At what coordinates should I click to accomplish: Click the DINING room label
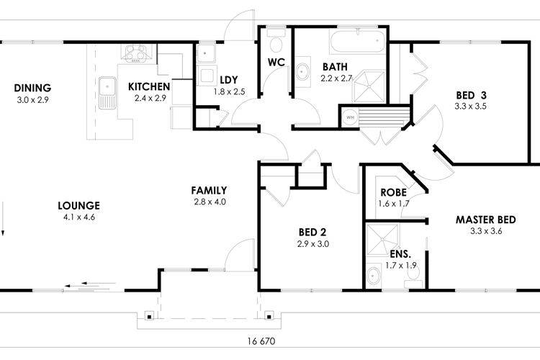click(32, 89)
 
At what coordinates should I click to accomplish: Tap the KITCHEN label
click(148, 87)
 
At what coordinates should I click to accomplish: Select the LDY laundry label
click(229, 79)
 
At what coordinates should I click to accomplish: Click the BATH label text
click(336, 67)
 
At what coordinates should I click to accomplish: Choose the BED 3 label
click(472, 95)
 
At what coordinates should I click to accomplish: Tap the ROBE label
click(393, 193)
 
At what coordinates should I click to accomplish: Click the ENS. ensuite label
click(400, 254)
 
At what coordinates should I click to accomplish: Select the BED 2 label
click(313, 232)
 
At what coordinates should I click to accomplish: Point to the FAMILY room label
click(210, 191)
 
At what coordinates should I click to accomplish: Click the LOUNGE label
click(78, 205)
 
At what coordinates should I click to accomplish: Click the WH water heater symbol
click(351, 116)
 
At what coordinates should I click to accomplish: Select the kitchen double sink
click(109, 92)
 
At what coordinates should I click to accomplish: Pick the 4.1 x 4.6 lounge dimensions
click(78, 216)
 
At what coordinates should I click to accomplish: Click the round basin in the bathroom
click(303, 71)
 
